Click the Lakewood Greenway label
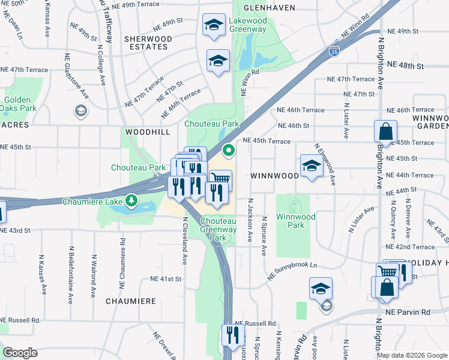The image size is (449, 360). pos(247,25)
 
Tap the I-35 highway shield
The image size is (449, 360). pos(333,52)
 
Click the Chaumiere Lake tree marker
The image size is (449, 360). pos(130,199)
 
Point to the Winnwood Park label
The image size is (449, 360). pos(291,221)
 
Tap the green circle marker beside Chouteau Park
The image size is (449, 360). pos(228,150)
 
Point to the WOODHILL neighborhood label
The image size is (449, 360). pos(148,131)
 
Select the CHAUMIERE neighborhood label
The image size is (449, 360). pos(130,301)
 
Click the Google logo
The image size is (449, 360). pos(20,353)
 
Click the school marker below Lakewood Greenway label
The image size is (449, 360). pos(218,60)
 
